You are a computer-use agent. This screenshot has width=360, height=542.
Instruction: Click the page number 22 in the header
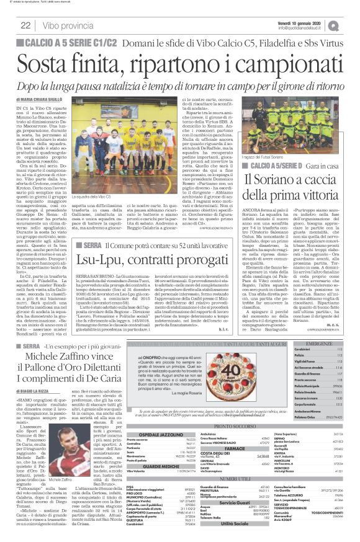25,25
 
